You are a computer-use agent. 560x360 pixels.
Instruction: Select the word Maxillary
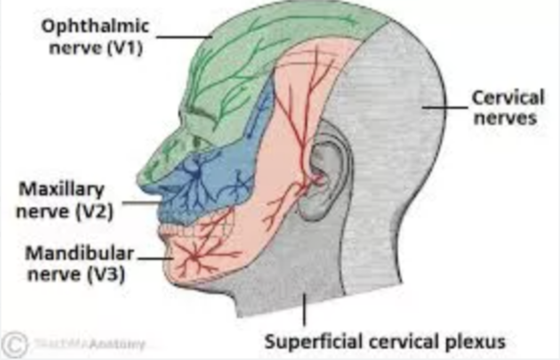[61, 190]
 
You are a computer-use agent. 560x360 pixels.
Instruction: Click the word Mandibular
[80, 254]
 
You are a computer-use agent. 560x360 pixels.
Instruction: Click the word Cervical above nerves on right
[508, 98]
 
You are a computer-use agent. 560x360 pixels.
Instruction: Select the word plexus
[479, 341]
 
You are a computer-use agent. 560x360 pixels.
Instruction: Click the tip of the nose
[141, 179]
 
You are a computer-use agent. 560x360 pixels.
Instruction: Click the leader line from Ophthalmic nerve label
[185, 37]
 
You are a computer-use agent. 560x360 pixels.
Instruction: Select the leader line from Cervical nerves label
[445, 108]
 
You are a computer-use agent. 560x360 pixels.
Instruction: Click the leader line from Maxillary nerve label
[141, 203]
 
